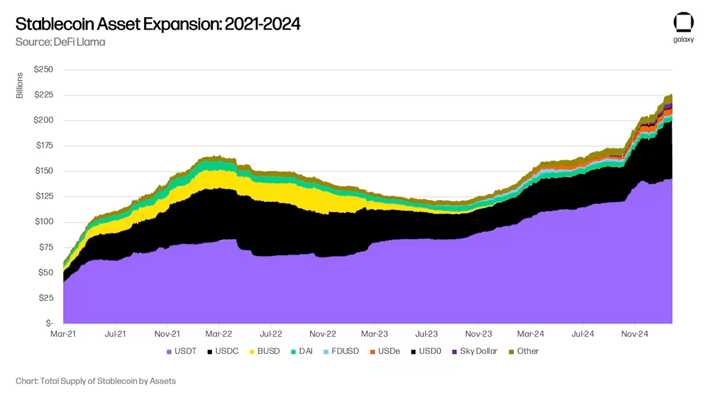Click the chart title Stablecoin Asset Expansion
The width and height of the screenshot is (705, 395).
[x=158, y=24]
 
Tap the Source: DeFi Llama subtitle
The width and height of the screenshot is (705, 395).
[x=60, y=42]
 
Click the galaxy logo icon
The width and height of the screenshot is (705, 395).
[x=683, y=22]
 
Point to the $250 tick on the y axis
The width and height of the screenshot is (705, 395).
[x=44, y=69]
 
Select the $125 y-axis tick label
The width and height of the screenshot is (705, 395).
[x=44, y=196]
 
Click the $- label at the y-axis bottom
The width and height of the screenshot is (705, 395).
[x=47, y=323]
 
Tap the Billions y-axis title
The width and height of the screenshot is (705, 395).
[x=19, y=85]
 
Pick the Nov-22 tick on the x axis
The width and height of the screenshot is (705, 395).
[x=323, y=334]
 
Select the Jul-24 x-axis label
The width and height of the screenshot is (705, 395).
[x=582, y=334]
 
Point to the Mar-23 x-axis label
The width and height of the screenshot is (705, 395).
[x=374, y=334]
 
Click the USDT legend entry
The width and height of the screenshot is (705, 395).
[x=182, y=351]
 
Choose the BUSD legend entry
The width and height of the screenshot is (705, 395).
[x=263, y=351]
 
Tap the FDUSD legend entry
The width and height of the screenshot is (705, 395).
[x=342, y=351]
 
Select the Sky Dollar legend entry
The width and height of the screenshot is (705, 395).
[x=474, y=351]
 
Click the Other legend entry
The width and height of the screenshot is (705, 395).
[x=524, y=351]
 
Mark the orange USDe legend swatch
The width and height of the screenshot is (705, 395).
[x=372, y=351]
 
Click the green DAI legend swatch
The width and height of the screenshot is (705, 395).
[x=294, y=351]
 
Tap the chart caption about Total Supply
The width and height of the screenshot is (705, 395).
[x=95, y=381]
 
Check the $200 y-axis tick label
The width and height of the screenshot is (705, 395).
[x=44, y=120]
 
